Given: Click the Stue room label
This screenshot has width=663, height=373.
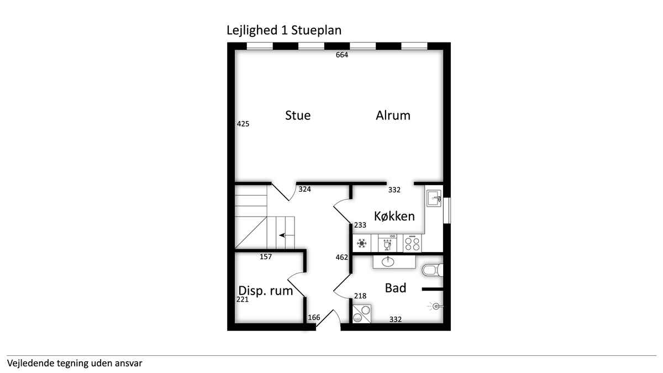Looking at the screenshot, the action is click(x=298, y=115).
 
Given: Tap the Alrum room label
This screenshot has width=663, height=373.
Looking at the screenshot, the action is click(x=393, y=115).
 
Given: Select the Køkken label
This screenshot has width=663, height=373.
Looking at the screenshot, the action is click(x=394, y=216).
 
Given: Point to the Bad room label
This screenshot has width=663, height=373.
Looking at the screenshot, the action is click(x=396, y=288).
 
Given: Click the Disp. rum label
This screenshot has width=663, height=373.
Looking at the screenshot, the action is click(x=266, y=291).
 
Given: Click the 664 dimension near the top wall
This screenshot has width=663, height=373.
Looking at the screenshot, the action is click(x=342, y=55).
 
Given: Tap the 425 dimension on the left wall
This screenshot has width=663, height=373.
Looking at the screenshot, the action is click(x=243, y=124).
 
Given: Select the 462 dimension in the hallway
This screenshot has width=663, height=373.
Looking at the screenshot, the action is click(x=341, y=258).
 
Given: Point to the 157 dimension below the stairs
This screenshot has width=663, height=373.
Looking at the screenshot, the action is click(x=266, y=256).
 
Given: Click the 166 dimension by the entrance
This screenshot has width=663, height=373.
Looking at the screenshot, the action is click(x=314, y=317).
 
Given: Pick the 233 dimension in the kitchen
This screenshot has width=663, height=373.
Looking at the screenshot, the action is click(x=360, y=225).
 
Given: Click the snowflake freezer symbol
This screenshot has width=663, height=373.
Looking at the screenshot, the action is click(x=362, y=243).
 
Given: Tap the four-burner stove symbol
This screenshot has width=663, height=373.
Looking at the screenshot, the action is click(x=412, y=243).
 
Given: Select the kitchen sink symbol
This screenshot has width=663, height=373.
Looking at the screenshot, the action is click(x=434, y=198).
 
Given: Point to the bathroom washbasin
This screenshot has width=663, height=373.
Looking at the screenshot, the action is click(x=388, y=261).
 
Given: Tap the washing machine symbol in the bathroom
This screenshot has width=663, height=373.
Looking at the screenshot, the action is click(x=362, y=313).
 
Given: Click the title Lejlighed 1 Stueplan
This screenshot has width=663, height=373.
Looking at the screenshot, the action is click(x=284, y=30).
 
